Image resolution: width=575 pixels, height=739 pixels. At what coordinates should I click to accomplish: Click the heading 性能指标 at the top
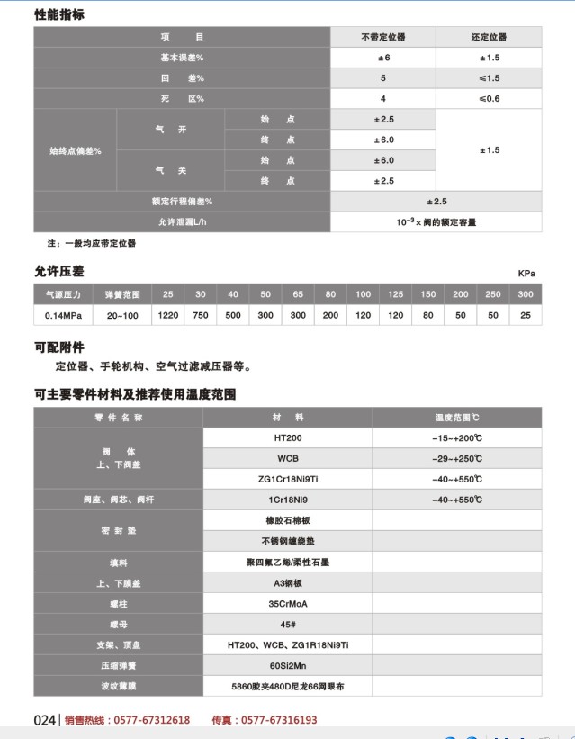point(59,14)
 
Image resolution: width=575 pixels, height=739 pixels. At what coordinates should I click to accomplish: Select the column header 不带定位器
point(383,37)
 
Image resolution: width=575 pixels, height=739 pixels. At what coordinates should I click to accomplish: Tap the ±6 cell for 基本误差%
point(383,58)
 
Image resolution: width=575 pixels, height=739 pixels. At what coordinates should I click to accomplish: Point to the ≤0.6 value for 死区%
point(489,98)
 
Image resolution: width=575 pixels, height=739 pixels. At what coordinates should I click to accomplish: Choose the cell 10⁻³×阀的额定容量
point(436,221)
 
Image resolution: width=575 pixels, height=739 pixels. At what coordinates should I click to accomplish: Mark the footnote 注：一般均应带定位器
point(92,243)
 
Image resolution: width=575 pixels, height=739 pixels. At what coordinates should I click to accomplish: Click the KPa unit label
point(526,272)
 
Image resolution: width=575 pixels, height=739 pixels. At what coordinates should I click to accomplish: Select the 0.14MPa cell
point(59,315)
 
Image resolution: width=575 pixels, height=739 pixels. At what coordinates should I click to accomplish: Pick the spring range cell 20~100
point(122,315)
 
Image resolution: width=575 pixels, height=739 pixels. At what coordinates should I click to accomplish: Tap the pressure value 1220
point(167,315)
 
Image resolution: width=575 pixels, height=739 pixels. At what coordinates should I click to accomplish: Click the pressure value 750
point(201,315)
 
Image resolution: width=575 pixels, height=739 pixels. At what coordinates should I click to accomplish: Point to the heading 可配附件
point(59,346)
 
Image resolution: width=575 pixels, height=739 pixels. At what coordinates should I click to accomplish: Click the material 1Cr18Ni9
point(287,499)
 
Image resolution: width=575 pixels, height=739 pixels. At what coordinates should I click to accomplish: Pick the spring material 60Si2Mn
point(287,667)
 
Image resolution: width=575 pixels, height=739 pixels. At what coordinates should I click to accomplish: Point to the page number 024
point(45,720)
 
